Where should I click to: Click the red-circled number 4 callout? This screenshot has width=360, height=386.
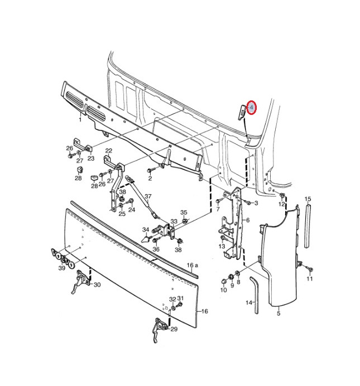point(251,108)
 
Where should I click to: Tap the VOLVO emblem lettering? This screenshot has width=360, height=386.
point(63,258)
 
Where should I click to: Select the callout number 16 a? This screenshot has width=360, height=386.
point(193,265)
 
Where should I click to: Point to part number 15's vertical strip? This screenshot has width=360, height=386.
point(307,225)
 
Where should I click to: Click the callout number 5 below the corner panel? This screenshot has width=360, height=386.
point(279,313)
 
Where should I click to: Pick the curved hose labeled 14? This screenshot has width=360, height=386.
point(255,295)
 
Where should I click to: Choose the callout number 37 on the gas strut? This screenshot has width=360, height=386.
point(148,196)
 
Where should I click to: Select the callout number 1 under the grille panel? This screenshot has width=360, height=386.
point(80,119)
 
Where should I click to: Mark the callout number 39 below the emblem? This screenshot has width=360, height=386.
point(62,268)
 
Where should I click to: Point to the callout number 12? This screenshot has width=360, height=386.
point(281,204)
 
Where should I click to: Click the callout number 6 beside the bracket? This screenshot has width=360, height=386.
point(248,220)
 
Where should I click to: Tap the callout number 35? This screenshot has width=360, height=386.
point(184,212)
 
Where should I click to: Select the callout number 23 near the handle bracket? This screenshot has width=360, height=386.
point(91,158)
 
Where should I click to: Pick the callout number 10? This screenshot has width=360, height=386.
point(223,289)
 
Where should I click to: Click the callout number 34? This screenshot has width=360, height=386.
point(146,230)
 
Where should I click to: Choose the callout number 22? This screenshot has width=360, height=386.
point(109,151)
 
